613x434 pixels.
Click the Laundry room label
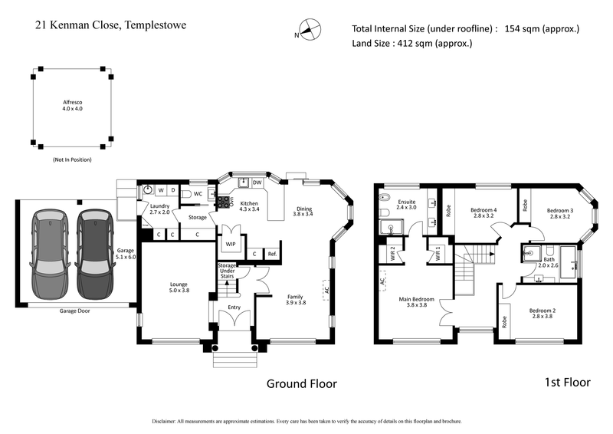point(159,209)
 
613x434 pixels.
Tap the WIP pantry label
point(230,245)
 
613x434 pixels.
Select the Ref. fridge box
point(272,254)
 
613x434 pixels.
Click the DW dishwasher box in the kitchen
point(257,182)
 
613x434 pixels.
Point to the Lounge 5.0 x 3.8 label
point(179,288)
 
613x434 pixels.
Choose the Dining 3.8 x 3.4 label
point(303,211)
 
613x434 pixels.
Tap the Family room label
point(296,299)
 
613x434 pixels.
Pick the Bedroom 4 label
point(484,213)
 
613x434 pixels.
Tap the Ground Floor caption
point(301,383)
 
